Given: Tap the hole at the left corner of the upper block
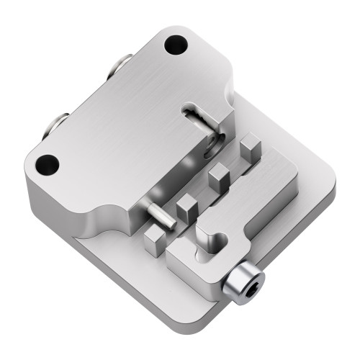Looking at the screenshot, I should click(47, 164).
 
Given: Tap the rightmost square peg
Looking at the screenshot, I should click(249, 147).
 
